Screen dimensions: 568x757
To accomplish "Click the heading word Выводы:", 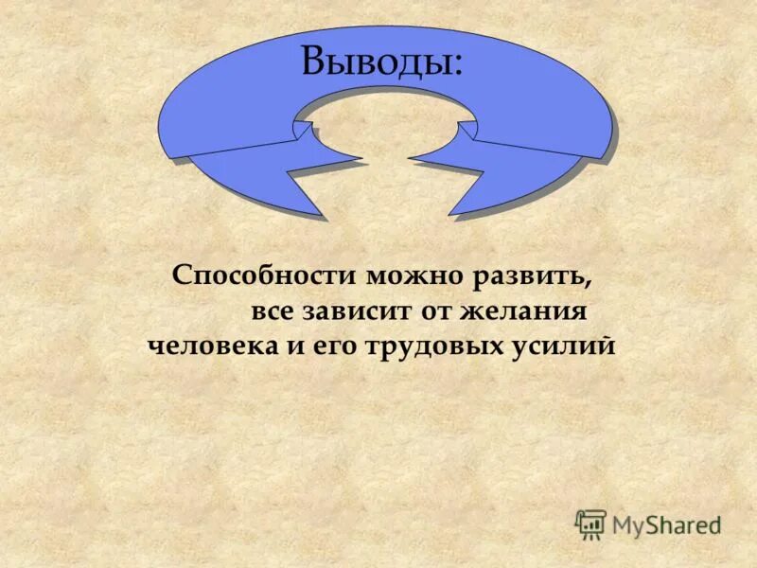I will (x=382, y=62).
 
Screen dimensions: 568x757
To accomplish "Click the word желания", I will (x=537, y=311).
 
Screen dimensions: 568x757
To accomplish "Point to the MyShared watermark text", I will (x=665, y=524).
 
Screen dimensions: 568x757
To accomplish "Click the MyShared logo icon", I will (x=590, y=524).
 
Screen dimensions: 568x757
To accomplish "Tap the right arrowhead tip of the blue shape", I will (x=450, y=215).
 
